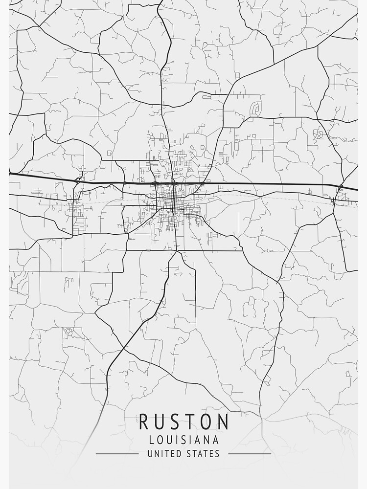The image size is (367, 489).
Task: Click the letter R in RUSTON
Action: [145, 422]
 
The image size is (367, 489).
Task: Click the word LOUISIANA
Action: [183, 440]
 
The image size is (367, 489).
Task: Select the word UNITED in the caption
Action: [164, 454]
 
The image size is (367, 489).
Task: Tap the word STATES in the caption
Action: [203, 454]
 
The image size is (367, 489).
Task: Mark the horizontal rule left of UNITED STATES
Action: [117, 454]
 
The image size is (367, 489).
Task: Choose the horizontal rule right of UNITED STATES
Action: [250, 454]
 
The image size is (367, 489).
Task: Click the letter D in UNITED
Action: [180, 454]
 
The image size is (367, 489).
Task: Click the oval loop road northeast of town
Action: [255, 108]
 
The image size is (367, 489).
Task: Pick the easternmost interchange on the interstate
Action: [341, 186]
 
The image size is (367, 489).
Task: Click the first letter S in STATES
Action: [188, 454]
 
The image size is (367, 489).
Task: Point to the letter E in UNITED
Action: [174, 454]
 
